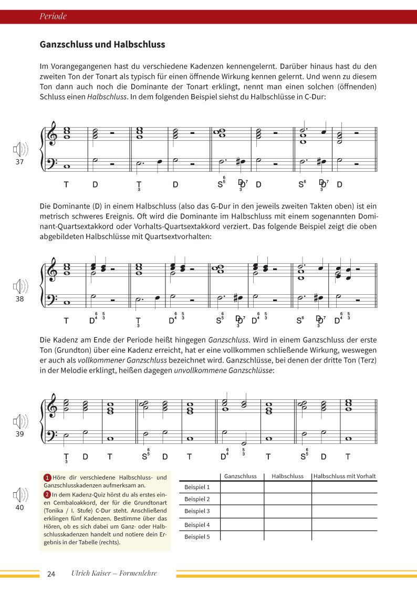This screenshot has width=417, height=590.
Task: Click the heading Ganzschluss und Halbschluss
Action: (102, 45)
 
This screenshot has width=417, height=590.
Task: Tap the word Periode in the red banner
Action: (53, 16)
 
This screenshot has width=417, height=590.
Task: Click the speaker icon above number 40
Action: (20, 495)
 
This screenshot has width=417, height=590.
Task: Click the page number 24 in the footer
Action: (51, 574)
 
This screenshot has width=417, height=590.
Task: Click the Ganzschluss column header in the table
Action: (240, 476)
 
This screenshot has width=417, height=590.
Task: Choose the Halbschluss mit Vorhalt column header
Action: (345, 476)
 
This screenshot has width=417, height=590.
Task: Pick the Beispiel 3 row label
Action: (197, 511)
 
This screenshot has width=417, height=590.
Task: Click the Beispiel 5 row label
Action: (197, 536)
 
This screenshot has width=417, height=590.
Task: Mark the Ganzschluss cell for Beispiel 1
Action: (240, 487)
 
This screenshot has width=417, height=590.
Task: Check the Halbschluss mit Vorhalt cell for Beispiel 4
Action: (345, 524)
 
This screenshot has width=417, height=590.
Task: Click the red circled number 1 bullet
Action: (47, 478)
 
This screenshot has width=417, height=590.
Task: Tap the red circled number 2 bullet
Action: (47, 494)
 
